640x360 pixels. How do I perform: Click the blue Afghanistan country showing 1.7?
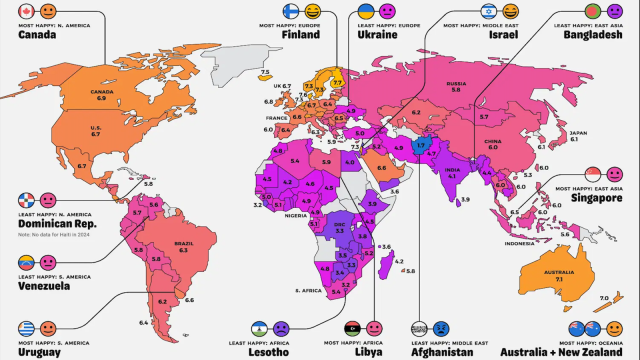point(421,145)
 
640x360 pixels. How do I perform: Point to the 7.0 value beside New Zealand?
point(603,299)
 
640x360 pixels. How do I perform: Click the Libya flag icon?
point(350,327)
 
